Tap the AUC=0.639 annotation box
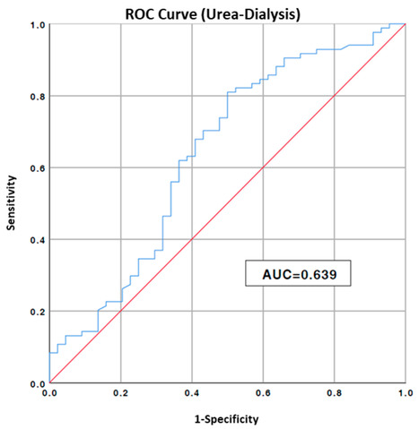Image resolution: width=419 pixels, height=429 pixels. tap(300, 272)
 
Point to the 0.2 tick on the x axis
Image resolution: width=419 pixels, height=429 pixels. tap(120, 393)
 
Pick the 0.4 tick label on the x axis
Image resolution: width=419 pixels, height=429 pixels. tap(191, 393)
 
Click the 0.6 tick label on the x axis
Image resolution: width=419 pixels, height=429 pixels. tap(263, 393)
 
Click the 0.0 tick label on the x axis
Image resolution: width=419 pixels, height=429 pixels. tap(49, 393)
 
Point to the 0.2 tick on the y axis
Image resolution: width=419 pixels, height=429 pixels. tap(36, 312)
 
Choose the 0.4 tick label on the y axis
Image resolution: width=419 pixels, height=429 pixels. tap(36, 240)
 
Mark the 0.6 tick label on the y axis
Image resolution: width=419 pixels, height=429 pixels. tap(36, 168)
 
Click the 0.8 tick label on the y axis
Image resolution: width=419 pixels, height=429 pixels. tap(36, 97)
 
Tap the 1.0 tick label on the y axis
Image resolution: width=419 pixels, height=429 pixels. tap(36, 25)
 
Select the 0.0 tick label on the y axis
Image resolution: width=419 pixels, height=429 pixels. tap(36, 383)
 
